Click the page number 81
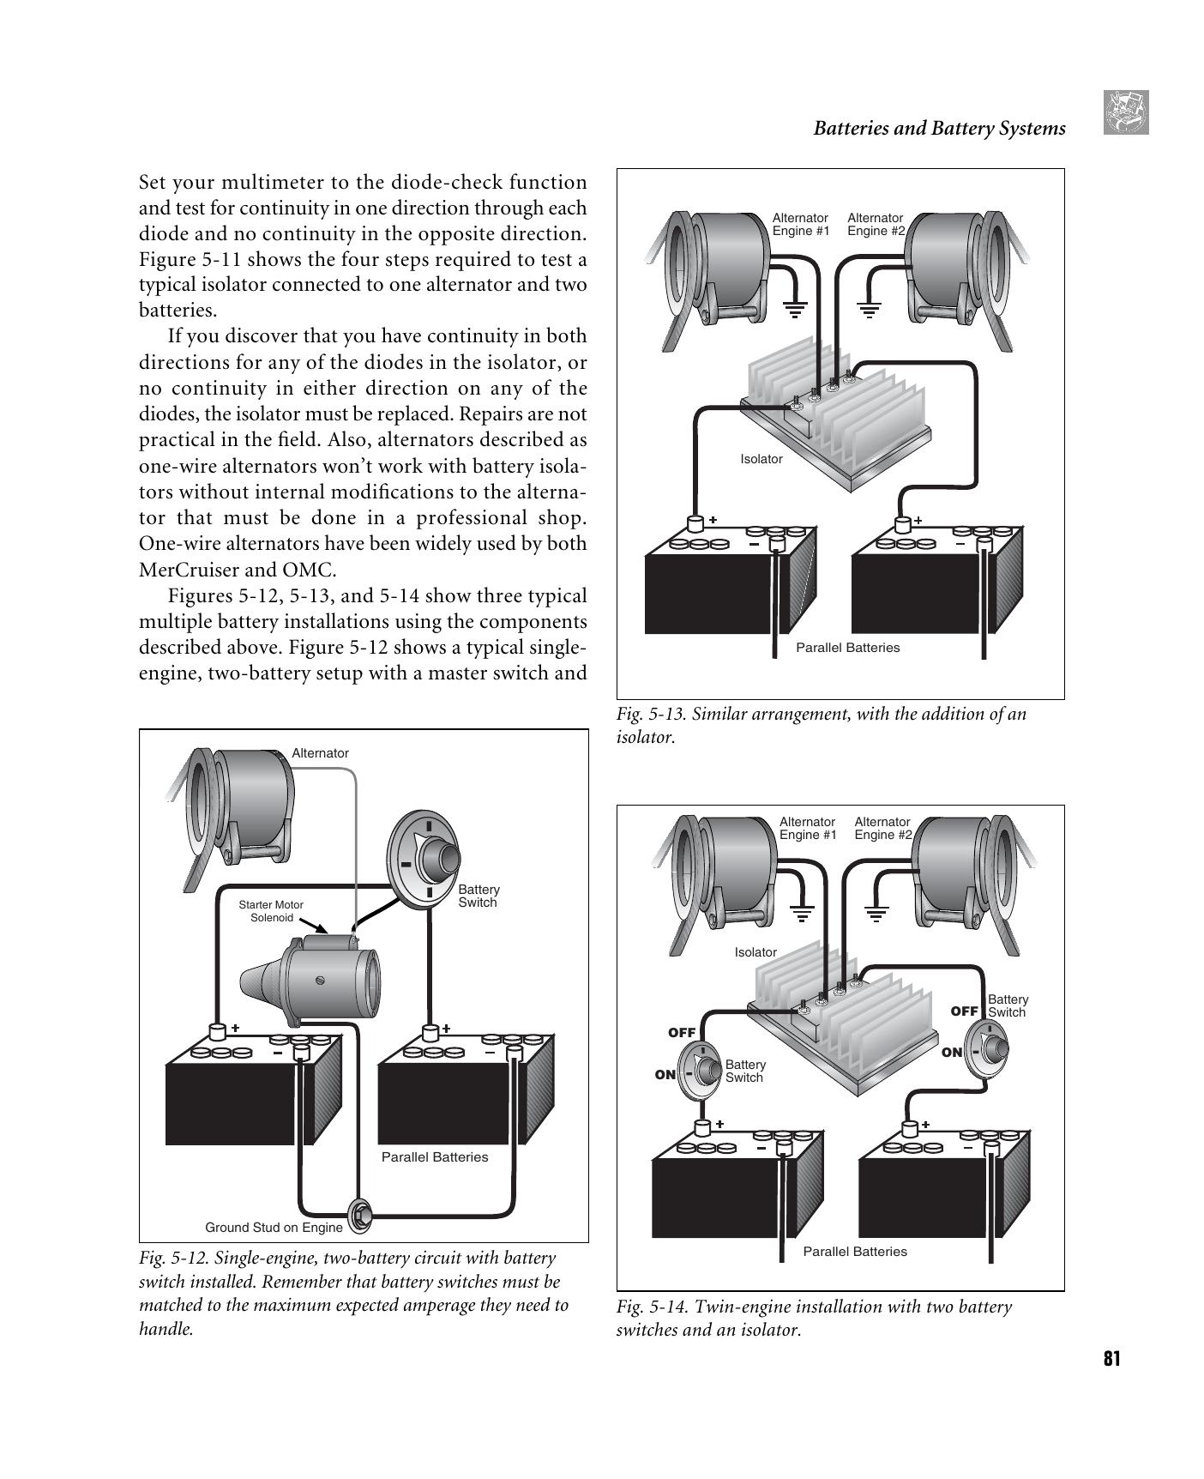click(x=1111, y=1358)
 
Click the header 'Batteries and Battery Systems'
click(x=939, y=129)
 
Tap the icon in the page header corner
click(x=1126, y=112)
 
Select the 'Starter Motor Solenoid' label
click(x=271, y=911)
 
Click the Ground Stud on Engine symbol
click(x=359, y=1216)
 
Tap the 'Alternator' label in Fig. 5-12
click(x=320, y=753)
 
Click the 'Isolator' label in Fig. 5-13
click(x=762, y=459)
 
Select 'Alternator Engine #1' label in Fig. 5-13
click(x=801, y=224)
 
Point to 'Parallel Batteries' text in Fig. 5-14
click(x=855, y=1252)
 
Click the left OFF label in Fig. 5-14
click(x=682, y=1032)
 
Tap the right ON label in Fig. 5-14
click(x=952, y=1053)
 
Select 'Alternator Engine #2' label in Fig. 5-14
click(x=882, y=828)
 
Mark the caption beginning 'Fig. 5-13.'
click(x=821, y=725)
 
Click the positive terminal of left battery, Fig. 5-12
click(x=217, y=1030)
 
